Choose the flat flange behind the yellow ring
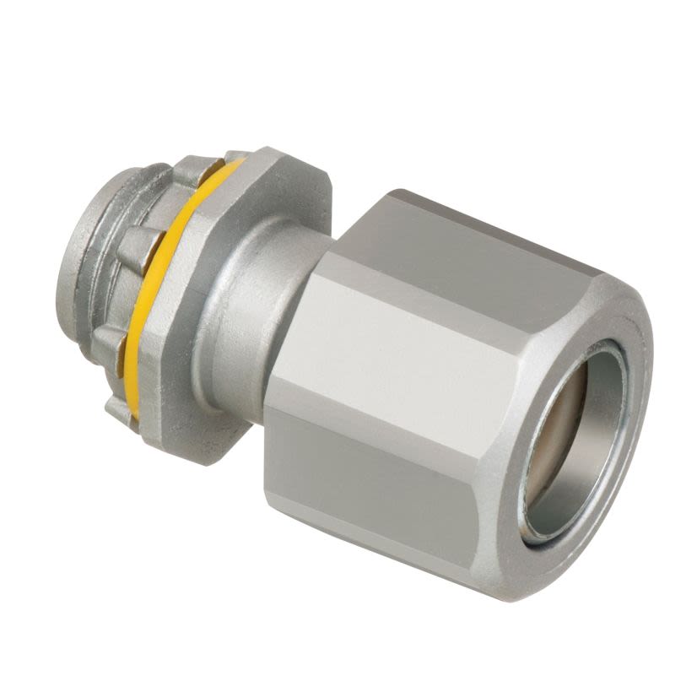coord(181,338)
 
